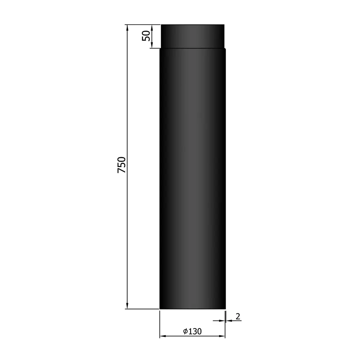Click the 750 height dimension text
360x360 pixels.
click(x=121, y=165)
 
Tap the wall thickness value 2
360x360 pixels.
click(x=238, y=316)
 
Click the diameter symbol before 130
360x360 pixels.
click(x=185, y=332)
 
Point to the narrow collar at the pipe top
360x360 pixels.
click(x=192, y=36)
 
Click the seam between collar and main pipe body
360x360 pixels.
click(x=192, y=48)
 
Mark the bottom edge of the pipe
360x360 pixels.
click(x=192, y=309)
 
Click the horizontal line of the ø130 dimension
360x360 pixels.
click(x=176, y=337)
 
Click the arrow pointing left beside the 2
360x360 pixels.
click(x=228, y=321)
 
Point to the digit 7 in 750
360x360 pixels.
click(x=121, y=171)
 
